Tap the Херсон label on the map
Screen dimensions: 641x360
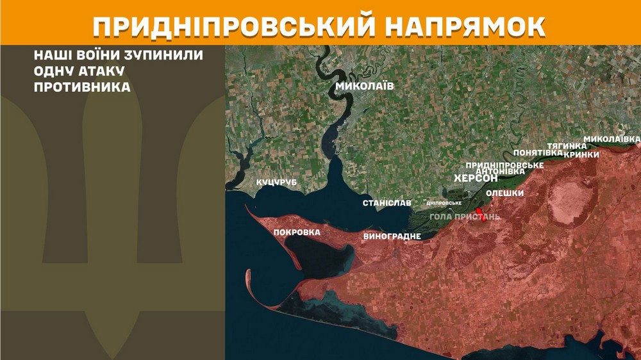tap(476, 178)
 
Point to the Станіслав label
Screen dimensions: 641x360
tap(387, 203)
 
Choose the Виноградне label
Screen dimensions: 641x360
tap(392, 236)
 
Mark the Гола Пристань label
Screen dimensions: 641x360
tap(465, 217)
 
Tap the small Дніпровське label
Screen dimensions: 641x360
tap(444, 203)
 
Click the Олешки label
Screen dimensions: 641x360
tap(505, 193)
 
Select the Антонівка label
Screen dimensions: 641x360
tap(501, 171)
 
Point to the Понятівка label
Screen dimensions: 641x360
tap(538, 152)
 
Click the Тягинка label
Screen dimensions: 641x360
tap(567, 146)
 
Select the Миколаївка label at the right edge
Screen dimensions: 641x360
tap(612, 139)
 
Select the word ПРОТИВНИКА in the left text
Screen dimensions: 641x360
tap(82, 86)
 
